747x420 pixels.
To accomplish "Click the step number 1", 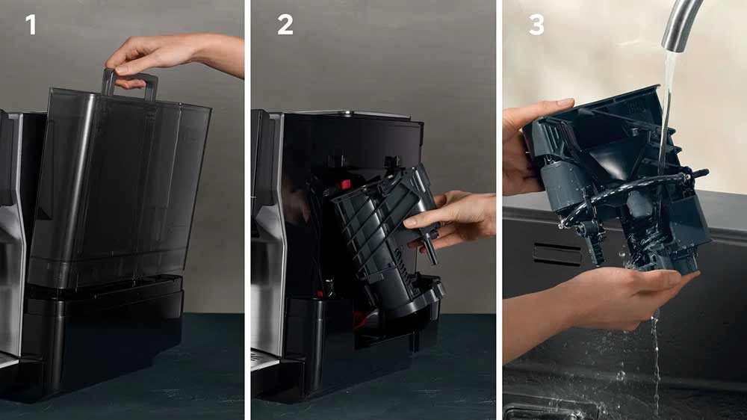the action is click(x=31, y=25).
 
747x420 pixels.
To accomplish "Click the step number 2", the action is click(x=285, y=25).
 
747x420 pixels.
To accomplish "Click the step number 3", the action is click(x=536, y=25).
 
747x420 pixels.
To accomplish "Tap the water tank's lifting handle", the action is click(x=128, y=84).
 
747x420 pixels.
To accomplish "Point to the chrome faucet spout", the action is click(x=681, y=24).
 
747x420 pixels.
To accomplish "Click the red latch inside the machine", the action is click(x=345, y=184).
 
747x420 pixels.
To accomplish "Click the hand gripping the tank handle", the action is click(x=174, y=56).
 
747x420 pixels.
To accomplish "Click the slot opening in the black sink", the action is click(x=557, y=254).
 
